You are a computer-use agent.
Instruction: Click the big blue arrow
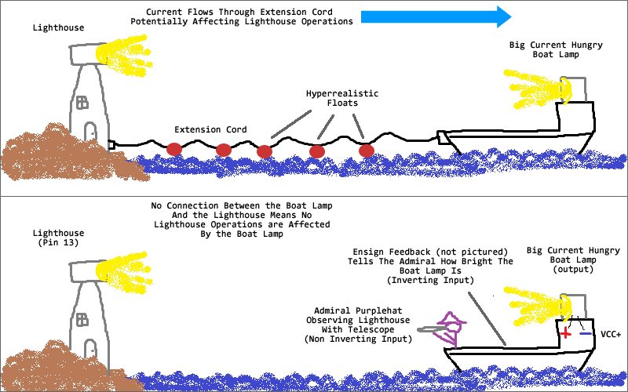pyautogui.click(x=436, y=16)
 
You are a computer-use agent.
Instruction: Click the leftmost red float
pyautogui.click(x=174, y=149)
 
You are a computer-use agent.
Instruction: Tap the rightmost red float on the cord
pyautogui.click(x=367, y=151)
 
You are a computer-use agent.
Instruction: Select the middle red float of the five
pyautogui.click(x=265, y=151)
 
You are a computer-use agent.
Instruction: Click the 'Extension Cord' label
pyautogui.click(x=210, y=129)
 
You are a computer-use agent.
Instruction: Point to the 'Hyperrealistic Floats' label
pyautogui.click(x=342, y=98)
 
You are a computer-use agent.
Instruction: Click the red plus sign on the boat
pyautogui.click(x=565, y=332)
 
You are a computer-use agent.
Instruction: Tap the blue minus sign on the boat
pyautogui.click(x=585, y=333)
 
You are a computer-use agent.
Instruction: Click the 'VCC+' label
pyautogui.click(x=611, y=334)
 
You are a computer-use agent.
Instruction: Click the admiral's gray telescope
pyautogui.click(x=432, y=329)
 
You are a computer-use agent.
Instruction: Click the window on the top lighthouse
pyautogui.click(x=82, y=103)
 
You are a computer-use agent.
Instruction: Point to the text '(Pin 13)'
pyautogui.click(x=58, y=242)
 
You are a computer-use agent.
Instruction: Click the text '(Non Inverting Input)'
pyautogui.click(x=358, y=339)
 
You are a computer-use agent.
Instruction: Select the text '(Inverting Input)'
pyautogui.click(x=430, y=280)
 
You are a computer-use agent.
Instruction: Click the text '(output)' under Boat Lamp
pyautogui.click(x=573, y=269)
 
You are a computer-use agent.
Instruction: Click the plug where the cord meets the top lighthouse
pyautogui.click(x=111, y=145)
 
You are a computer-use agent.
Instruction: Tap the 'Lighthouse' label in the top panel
pyautogui.click(x=58, y=27)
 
